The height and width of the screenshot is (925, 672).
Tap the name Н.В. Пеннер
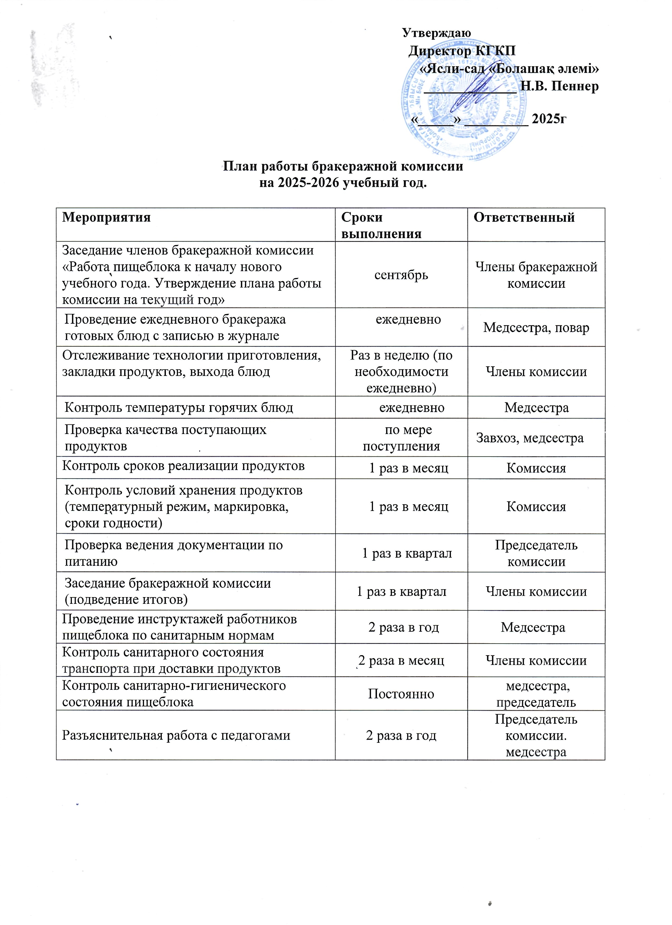(560, 86)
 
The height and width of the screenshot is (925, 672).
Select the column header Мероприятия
(106, 217)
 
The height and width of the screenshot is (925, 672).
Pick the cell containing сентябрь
(401, 275)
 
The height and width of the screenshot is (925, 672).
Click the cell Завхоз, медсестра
(530, 438)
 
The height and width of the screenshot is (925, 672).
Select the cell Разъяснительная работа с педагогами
(176, 735)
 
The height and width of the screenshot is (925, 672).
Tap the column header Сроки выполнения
(381, 225)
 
